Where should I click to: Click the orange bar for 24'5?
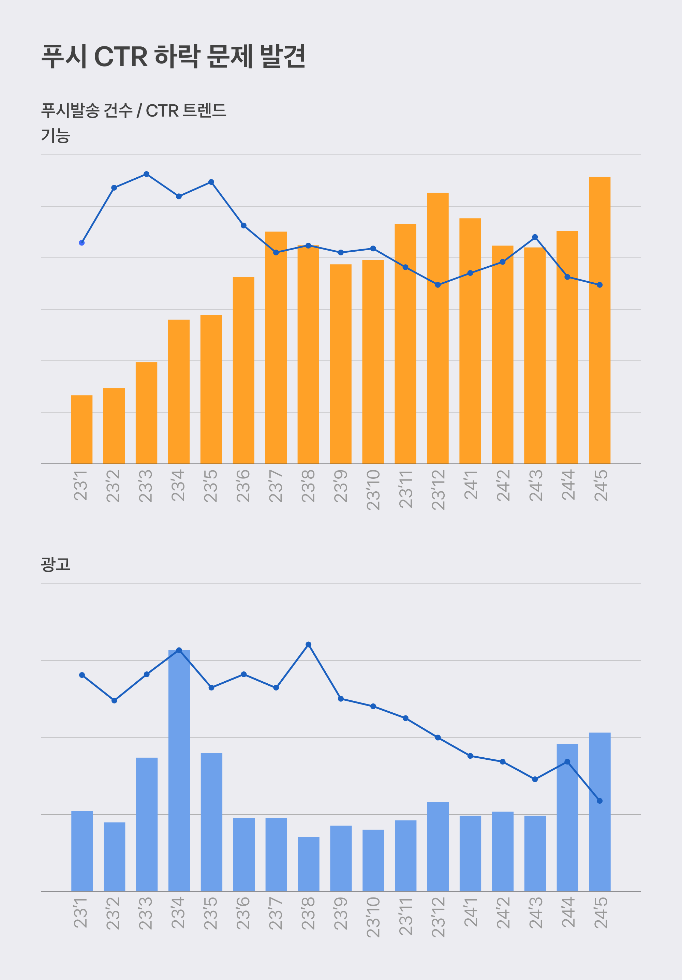[x=599, y=320]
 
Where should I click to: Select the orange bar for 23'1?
[x=81, y=429]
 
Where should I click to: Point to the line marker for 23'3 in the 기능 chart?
[x=146, y=174]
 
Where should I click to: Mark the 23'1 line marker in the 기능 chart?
[x=81, y=243]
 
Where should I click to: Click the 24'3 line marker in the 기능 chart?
[x=535, y=237]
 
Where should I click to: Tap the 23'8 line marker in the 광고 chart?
[x=308, y=644]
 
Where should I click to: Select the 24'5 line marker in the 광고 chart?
[x=599, y=801]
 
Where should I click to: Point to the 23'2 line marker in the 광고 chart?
[x=114, y=700]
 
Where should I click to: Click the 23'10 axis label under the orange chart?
[x=373, y=490]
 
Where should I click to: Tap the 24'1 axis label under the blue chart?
[x=470, y=912]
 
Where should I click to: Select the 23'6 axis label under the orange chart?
[x=243, y=486]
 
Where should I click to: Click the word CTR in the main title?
[x=121, y=56]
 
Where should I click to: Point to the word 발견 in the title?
[x=283, y=56]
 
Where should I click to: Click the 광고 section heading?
[x=56, y=564]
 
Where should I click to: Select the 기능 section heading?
[x=56, y=136]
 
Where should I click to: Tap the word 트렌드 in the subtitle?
[x=204, y=110]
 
